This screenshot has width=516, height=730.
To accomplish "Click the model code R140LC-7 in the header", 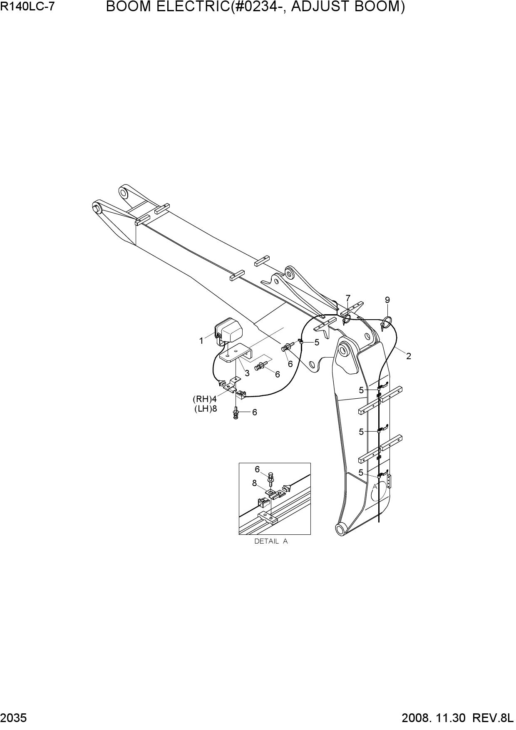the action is click(x=27, y=7).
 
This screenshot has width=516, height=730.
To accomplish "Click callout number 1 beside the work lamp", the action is click(x=201, y=341).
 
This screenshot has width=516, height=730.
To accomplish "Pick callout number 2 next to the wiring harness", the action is click(x=409, y=356).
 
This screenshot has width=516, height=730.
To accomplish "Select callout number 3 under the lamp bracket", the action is click(x=247, y=373).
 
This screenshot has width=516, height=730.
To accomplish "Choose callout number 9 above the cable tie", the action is click(x=387, y=300).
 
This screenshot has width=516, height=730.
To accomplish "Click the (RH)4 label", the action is click(x=205, y=399).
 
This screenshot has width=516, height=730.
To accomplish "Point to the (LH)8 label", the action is click(x=206, y=408).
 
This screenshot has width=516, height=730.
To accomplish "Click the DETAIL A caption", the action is click(x=271, y=541).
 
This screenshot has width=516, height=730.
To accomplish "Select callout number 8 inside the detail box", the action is click(x=254, y=483).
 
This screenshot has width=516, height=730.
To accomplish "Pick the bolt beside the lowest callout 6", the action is click(x=236, y=412).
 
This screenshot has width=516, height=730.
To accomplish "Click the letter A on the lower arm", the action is click(x=375, y=487).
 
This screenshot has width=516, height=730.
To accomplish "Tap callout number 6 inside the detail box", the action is click(x=257, y=469).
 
